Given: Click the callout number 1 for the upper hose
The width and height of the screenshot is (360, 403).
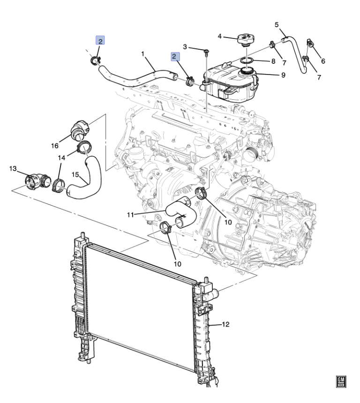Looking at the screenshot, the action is click(x=142, y=54).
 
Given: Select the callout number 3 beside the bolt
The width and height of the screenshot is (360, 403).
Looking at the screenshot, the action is click(x=185, y=47).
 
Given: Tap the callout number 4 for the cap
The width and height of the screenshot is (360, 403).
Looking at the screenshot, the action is click(x=219, y=36).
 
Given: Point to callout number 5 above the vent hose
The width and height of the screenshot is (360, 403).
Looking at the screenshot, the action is click(x=277, y=25).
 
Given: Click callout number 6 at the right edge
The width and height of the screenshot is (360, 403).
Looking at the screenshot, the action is click(x=323, y=61).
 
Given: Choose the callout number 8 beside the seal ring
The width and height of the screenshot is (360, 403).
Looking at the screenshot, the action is click(x=273, y=61).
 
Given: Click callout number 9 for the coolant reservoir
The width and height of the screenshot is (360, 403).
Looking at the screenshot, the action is click(x=283, y=75).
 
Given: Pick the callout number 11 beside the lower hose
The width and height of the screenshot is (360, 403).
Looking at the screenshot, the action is click(x=131, y=215).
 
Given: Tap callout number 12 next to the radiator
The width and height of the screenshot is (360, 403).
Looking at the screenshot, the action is click(x=225, y=325).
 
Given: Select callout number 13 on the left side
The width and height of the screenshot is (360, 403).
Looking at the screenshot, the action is click(x=13, y=169).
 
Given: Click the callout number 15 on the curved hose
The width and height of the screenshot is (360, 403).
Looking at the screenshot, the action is click(x=75, y=175).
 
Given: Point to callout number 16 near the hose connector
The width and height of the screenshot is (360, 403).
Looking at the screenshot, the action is click(x=55, y=146).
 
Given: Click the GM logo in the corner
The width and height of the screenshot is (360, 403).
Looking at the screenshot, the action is click(x=341, y=381).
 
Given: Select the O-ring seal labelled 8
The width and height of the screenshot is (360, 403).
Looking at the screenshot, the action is click(x=247, y=60).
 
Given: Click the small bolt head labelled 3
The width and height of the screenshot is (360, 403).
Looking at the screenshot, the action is click(x=206, y=52).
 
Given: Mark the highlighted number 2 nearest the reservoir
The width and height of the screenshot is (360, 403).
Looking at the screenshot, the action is click(x=174, y=57).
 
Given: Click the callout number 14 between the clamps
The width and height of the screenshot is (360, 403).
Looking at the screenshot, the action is click(x=61, y=158).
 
